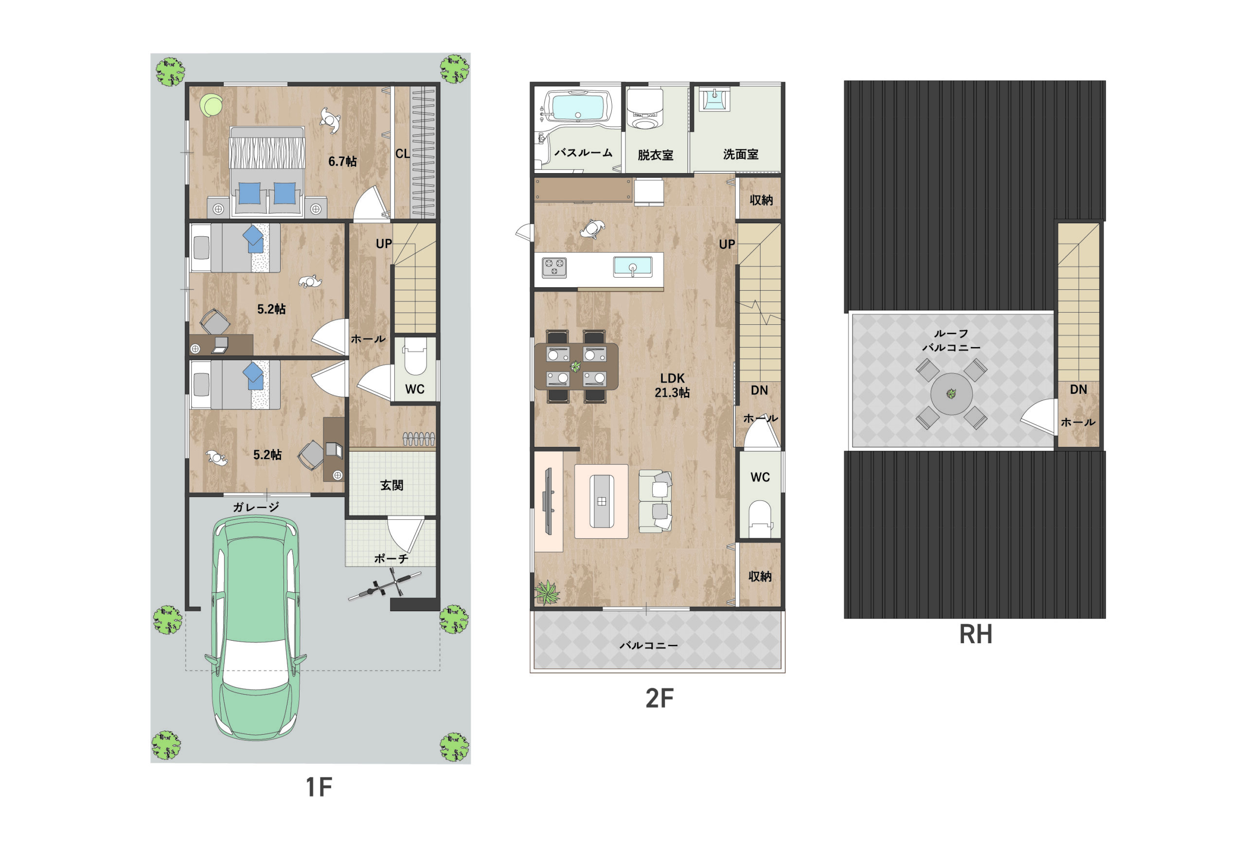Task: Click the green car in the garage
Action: click(x=255, y=627)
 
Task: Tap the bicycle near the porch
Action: click(x=385, y=585)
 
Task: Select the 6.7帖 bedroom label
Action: click(x=342, y=161)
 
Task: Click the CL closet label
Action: click(x=402, y=154)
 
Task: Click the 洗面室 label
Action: click(x=740, y=154)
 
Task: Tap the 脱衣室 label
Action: click(x=655, y=155)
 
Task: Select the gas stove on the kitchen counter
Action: click(x=554, y=267)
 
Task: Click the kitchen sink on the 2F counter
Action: click(x=633, y=266)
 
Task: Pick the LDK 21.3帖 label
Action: click(x=672, y=385)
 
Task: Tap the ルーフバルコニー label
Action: click(x=951, y=340)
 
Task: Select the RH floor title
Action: click(x=975, y=634)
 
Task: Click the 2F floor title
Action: click(x=658, y=698)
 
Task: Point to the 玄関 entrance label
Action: click(x=391, y=485)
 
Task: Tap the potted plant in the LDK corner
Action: click(x=547, y=593)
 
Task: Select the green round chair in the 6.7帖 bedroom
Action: click(x=212, y=105)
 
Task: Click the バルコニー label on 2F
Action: click(x=649, y=645)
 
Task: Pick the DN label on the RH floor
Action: click(x=1078, y=389)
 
